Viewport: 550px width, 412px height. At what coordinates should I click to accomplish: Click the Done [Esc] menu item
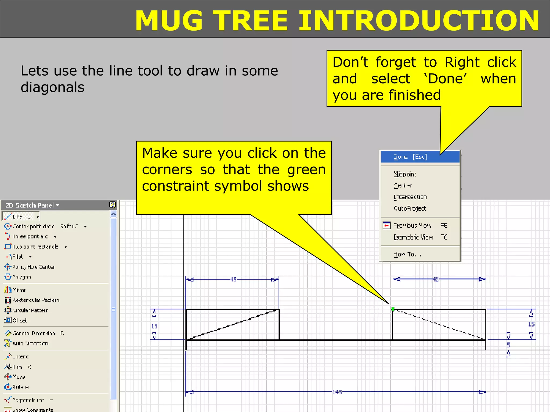pos(410,157)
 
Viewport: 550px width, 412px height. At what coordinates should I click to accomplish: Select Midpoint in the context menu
pos(405,174)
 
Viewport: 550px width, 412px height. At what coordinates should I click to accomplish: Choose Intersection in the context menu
pos(410,197)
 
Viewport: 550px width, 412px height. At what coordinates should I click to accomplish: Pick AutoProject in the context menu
pos(410,208)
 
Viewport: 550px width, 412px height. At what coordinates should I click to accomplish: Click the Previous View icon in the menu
pos(386,226)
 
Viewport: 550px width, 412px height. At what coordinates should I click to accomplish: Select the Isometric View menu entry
pos(413,237)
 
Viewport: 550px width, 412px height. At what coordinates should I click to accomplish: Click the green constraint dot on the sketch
pos(393,309)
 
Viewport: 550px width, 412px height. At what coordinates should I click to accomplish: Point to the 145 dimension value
pos(337,392)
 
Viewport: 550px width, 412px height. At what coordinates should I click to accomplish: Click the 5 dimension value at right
pos(508,345)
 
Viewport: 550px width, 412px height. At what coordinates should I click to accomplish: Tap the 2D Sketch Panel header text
pos(30,205)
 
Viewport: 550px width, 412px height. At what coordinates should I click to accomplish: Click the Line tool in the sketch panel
pos(17,216)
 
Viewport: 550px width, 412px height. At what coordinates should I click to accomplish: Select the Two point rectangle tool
pos(35,247)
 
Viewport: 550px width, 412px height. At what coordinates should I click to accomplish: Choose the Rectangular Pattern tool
pos(36,300)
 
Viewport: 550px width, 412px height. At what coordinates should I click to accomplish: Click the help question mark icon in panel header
pos(112,205)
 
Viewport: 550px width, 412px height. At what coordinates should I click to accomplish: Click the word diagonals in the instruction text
pos(52,87)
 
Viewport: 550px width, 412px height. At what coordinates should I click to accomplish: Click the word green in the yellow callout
pos(306,170)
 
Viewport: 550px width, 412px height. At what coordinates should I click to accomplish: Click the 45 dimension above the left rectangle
pos(234,279)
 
